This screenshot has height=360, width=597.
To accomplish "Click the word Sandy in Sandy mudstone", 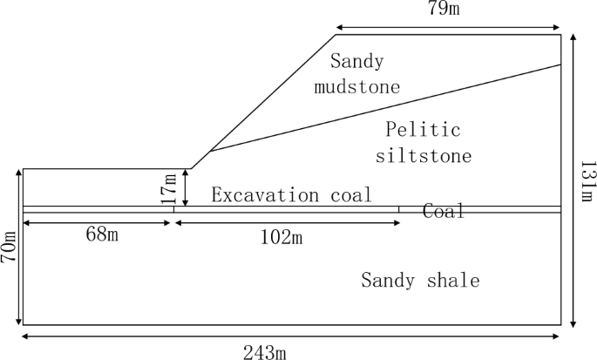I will tap(356, 62).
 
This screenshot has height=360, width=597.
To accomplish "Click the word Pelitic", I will tap(423, 131).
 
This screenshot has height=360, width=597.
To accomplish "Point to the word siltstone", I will tap(424, 157).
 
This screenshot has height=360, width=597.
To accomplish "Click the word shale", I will tap(451, 281).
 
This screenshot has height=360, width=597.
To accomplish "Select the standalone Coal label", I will tap(444, 211).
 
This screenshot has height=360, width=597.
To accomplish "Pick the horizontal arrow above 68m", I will tap(97, 224).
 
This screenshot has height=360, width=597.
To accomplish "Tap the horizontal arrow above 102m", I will tap(288, 224).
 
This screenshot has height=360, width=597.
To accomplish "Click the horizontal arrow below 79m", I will tap(448, 26).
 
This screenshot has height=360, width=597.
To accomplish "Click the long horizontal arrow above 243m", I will tap(292, 336).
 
